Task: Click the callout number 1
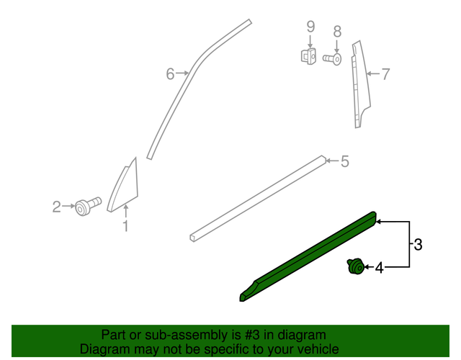click(125, 227)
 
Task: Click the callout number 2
click(56, 207)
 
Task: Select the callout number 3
click(418, 245)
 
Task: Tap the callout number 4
click(379, 269)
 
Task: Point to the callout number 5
click(344, 162)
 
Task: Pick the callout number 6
click(171, 73)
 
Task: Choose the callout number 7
click(385, 73)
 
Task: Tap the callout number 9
click(310, 27)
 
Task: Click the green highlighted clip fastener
click(354, 268)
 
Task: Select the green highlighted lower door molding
click(310, 256)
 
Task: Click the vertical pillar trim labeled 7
click(358, 83)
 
